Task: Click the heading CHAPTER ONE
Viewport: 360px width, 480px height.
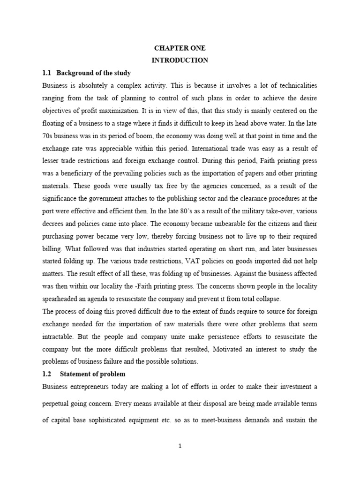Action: click(x=180, y=48)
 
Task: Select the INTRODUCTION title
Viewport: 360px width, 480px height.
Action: click(x=180, y=60)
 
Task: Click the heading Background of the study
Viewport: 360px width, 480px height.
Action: click(x=94, y=73)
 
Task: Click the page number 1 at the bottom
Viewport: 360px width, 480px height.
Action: click(x=180, y=446)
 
